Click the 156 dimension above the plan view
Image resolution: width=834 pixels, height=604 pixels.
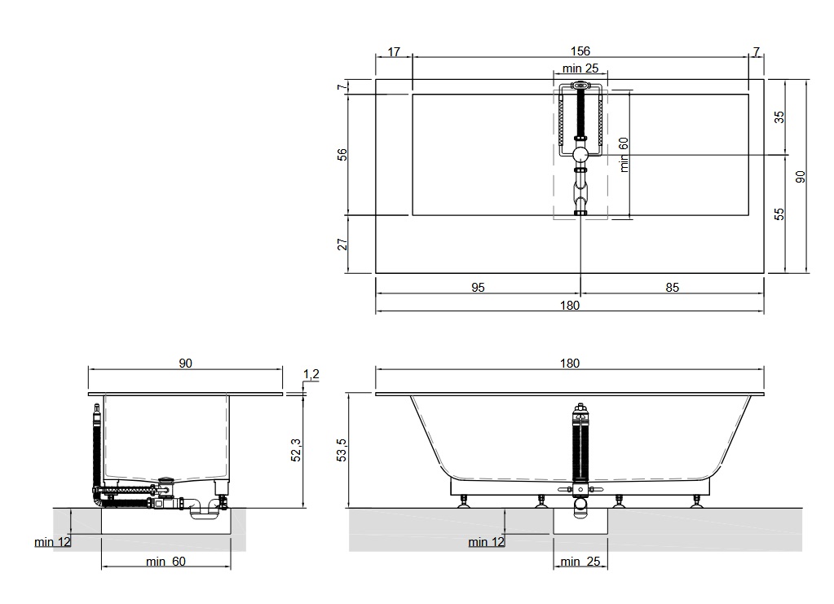pos(580,51)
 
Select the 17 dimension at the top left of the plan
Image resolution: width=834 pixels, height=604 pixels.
pos(394,51)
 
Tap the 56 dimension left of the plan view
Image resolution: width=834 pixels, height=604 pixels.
pos(342,155)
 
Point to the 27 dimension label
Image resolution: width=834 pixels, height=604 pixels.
pos(342,244)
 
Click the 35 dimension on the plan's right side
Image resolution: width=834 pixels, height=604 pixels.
pos(779,117)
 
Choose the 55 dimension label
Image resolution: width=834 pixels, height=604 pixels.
pos(779,214)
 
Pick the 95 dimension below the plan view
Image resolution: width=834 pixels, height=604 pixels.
pos(479,288)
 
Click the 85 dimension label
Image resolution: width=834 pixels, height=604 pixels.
pos(673,288)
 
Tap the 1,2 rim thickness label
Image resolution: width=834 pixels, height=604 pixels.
pos(311,374)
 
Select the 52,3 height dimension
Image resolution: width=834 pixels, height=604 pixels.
pos(296,450)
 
